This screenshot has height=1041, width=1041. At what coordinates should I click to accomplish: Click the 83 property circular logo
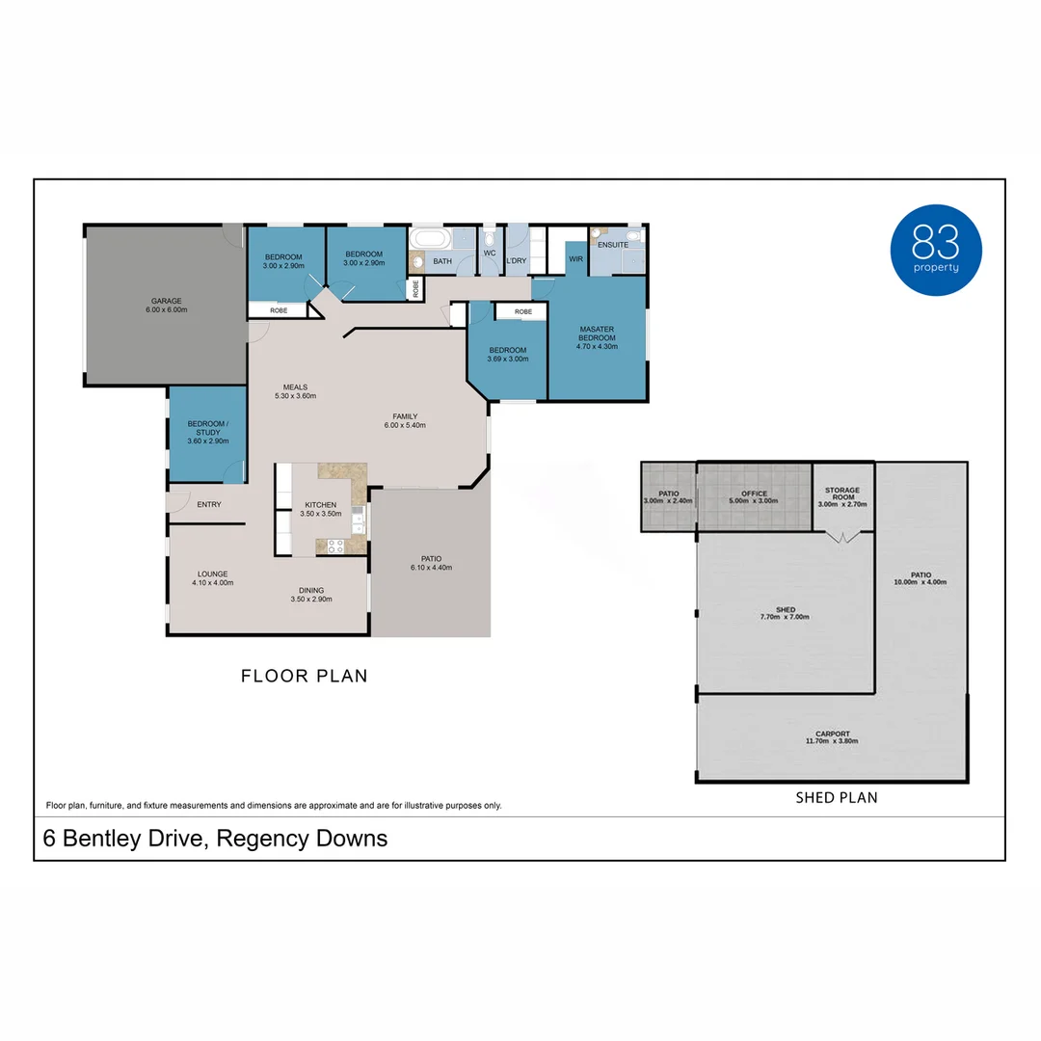[x=935, y=250]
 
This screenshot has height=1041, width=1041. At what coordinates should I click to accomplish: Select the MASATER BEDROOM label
[x=597, y=334]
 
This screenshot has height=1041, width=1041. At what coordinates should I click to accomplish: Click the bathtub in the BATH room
[x=430, y=238]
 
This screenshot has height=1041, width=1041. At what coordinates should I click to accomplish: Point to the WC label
[x=490, y=253]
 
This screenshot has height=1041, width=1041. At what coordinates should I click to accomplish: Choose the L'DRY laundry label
[x=516, y=261]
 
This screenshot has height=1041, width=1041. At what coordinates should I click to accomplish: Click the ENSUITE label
[x=612, y=245]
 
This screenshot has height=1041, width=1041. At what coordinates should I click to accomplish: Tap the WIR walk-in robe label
[x=575, y=259]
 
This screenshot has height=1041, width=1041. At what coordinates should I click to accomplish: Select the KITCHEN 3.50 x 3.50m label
[x=321, y=509]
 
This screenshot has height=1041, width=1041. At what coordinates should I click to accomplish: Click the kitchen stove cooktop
[x=336, y=546]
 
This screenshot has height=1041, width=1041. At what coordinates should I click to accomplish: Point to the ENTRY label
[x=209, y=504]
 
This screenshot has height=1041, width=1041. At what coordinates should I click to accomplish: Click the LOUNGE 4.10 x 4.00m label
[x=213, y=578]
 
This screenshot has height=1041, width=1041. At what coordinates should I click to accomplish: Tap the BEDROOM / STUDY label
[x=207, y=432]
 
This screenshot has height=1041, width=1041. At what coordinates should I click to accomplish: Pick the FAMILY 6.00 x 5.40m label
[x=405, y=420]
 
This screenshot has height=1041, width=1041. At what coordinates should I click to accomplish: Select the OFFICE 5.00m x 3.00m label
[x=755, y=497]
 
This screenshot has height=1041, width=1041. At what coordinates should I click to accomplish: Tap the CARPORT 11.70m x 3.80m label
[x=831, y=737]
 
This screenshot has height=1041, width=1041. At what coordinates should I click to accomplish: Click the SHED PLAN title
[x=836, y=797]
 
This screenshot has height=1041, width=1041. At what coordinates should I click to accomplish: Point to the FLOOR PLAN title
[x=304, y=676]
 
